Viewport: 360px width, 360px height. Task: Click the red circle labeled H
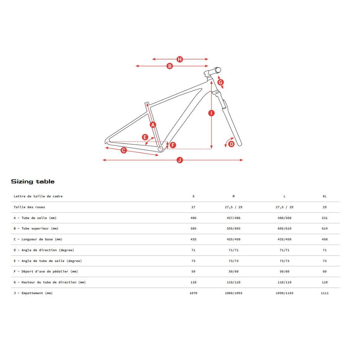[x=180, y=59]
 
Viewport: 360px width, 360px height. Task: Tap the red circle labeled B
[x=169, y=66]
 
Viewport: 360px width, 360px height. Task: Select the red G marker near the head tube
[x=221, y=82]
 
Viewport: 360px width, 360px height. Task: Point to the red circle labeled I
[x=211, y=113]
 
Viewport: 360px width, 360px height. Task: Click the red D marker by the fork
[x=231, y=144]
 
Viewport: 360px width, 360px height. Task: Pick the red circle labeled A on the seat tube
[x=153, y=125]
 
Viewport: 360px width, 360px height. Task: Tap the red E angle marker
[x=145, y=137]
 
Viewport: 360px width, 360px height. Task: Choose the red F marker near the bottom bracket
[x=173, y=145]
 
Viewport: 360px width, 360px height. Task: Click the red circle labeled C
[x=124, y=150]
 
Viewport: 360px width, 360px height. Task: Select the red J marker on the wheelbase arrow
[x=180, y=160]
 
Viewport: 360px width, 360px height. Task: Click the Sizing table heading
[x=33, y=182]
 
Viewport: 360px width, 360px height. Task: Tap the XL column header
[x=324, y=196]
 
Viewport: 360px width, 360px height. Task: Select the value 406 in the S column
[x=193, y=218]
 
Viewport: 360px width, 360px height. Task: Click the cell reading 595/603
[x=234, y=229]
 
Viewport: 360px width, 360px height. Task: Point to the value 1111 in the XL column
[x=324, y=293]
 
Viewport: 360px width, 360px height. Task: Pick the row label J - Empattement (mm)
[x=33, y=293]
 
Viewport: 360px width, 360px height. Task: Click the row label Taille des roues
[x=29, y=207]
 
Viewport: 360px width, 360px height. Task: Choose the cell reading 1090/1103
[x=284, y=293]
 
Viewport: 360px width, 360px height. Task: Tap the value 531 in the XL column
[x=324, y=218]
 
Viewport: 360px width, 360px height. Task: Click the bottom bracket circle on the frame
[x=161, y=149]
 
